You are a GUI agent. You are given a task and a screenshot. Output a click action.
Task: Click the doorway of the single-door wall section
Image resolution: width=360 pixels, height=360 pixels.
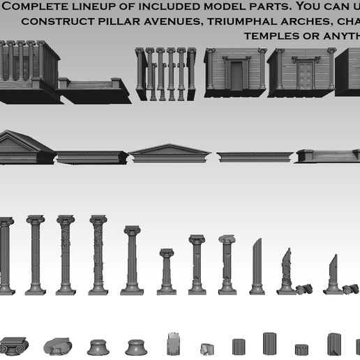point(237,75)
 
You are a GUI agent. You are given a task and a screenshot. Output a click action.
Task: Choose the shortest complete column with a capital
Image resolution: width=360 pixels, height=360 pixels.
point(166,272)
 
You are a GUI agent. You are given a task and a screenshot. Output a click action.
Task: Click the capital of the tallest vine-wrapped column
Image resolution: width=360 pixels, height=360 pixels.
point(98,220)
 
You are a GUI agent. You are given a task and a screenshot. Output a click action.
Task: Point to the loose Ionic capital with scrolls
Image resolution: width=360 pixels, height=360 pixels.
point(12,345)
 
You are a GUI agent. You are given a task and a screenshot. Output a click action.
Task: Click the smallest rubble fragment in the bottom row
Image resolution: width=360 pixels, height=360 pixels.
point(207,349)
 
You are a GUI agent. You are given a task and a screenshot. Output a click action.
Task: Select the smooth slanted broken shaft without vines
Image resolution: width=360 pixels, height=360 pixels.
point(257,265)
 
